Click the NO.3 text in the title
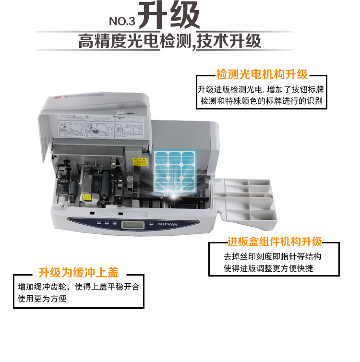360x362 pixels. (x=123, y=21)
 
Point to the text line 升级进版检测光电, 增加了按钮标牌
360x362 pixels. (x=262, y=90)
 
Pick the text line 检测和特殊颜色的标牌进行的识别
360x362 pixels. (x=262, y=102)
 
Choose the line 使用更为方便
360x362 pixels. (x=42, y=299)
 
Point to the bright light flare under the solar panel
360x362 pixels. (x=171, y=195)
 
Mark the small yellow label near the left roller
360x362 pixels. (x=86, y=197)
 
